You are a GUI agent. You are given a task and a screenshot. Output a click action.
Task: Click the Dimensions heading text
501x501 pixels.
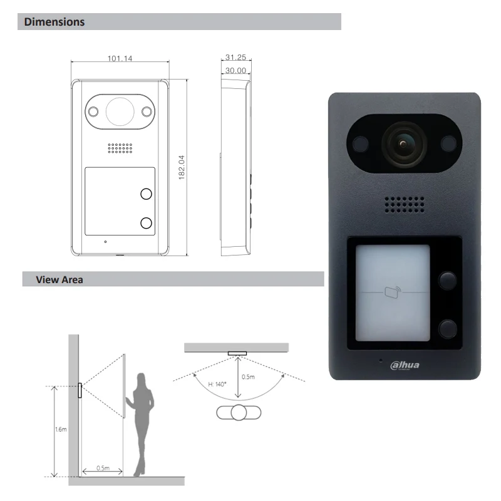pyautogui.click(x=54, y=22)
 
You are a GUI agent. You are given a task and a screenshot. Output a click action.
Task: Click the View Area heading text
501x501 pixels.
pyautogui.click(x=59, y=279)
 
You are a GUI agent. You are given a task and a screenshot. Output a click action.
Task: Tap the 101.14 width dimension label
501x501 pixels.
pyautogui.click(x=120, y=58)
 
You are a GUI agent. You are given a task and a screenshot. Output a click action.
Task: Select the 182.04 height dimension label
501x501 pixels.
pyautogui.click(x=182, y=167)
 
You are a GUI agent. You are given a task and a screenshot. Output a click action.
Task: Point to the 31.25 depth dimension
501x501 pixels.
pyautogui.click(x=236, y=57)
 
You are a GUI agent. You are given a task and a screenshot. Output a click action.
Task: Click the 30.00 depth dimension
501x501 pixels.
pyautogui.click(x=236, y=70)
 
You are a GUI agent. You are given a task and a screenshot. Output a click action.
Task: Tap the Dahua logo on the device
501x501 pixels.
pyautogui.click(x=405, y=365)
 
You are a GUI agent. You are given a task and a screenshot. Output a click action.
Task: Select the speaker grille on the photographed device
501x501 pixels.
pyautogui.click(x=405, y=205)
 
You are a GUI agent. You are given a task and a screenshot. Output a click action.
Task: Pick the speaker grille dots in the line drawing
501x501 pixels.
pyautogui.click(x=120, y=148)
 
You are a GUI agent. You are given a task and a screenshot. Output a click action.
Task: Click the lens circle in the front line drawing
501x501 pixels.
pyautogui.click(x=120, y=111)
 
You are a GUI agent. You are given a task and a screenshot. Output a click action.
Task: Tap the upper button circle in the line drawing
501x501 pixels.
pyautogui.click(x=147, y=194)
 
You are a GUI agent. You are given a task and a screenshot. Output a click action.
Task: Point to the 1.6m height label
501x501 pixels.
pyautogui.click(x=61, y=429)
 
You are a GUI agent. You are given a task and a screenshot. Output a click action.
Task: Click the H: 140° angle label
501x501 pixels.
pyautogui.click(x=217, y=384)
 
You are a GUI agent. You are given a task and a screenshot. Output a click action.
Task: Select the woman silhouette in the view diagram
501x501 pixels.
pyautogui.click(x=140, y=425)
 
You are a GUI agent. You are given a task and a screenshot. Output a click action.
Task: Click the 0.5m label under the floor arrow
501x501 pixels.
pyautogui.click(x=103, y=468)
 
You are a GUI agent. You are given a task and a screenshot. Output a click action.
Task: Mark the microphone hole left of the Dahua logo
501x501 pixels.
pyautogui.click(x=381, y=361)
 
